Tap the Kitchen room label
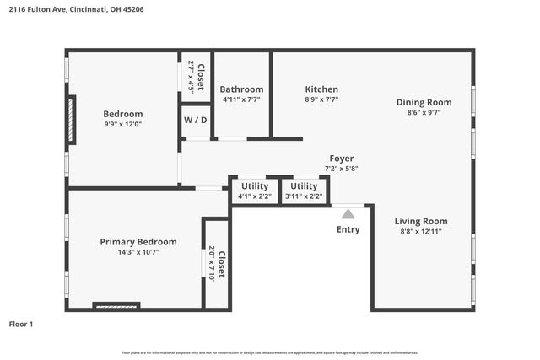point(321,89)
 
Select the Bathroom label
point(241,89)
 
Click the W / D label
point(196,120)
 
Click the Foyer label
point(342,159)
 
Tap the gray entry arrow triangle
point(348,214)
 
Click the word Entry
point(348,229)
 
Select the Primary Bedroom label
point(138,241)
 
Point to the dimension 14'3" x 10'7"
point(138,251)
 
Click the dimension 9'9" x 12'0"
point(123,124)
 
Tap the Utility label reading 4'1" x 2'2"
point(255,186)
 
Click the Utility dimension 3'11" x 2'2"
point(304,196)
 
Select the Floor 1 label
point(21,324)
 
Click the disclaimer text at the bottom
point(270,352)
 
